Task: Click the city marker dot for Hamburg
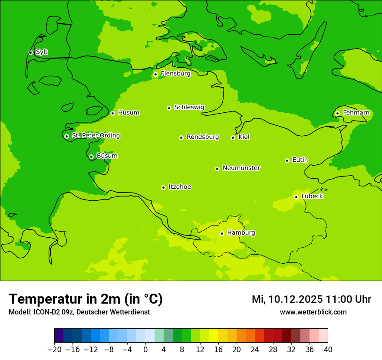[222, 233]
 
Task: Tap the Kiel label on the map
[244, 137]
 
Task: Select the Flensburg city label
[175, 74]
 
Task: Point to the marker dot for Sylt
[30, 52]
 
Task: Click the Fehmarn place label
[356, 113]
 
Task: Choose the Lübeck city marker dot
[296, 197]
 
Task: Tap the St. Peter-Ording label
[95, 136]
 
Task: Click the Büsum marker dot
[91, 157]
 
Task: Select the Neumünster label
[241, 168]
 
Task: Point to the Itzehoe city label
[180, 187]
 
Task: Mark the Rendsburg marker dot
[181, 137]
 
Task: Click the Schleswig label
[189, 107]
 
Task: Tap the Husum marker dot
[112, 113]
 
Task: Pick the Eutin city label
[300, 160]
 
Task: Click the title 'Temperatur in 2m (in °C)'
[86, 299]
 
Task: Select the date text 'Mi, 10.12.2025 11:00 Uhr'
[311, 299]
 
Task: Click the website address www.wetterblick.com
[313, 312]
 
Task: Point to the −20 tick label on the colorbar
[54, 350]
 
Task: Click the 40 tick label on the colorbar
[328, 350]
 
